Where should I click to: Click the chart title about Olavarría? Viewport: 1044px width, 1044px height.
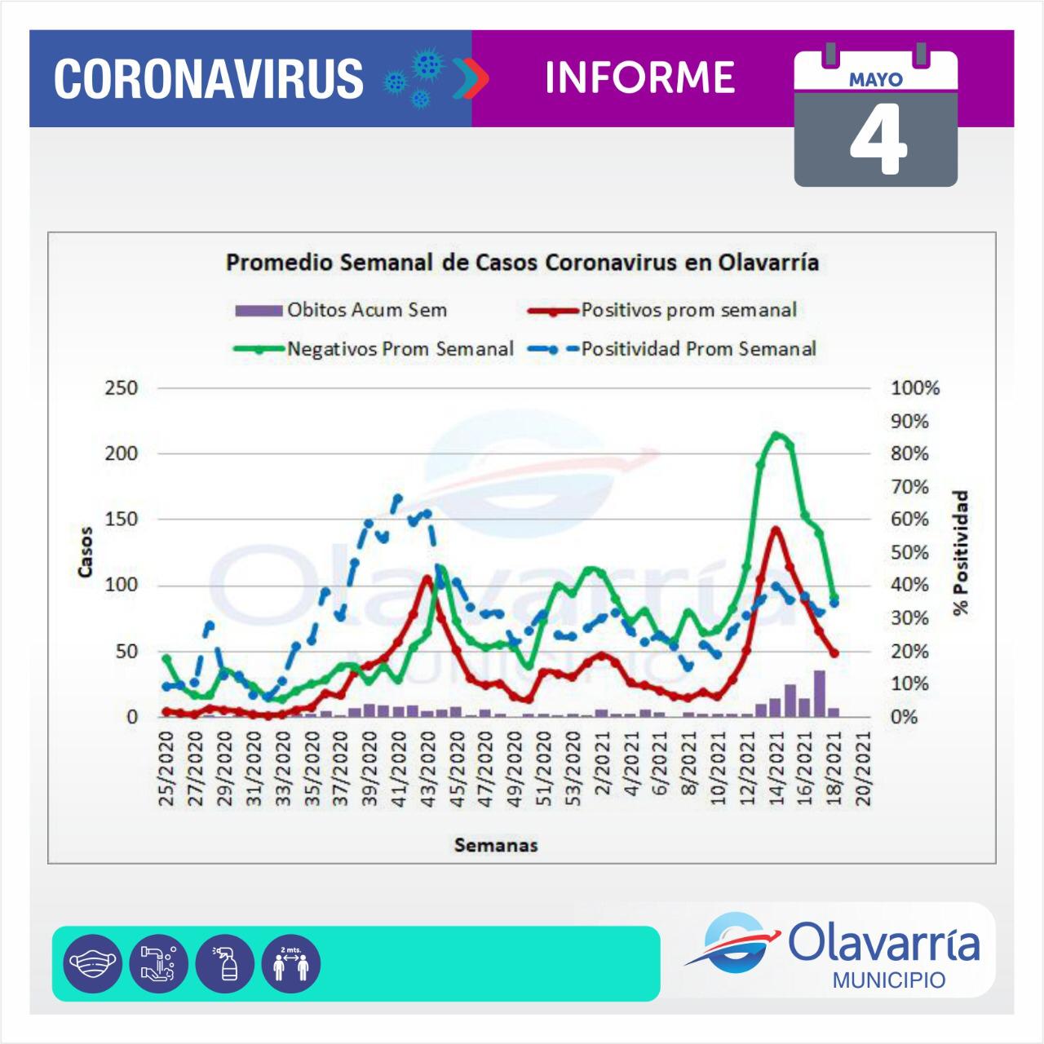click(x=522, y=263)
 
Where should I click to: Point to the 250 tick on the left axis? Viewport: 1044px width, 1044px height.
click(x=121, y=388)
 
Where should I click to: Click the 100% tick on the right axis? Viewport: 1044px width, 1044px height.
click(x=915, y=388)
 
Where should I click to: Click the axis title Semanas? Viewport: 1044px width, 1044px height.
click(x=496, y=845)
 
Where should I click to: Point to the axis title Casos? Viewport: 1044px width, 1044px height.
click(x=85, y=552)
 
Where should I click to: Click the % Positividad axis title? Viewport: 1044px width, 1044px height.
click(x=962, y=552)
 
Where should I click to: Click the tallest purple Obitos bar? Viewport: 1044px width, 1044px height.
click(x=819, y=693)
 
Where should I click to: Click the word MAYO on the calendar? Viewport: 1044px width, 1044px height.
click(x=876, y=80)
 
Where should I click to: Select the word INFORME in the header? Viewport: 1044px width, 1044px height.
click(x=640, y=77)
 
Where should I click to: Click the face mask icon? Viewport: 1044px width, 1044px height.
click(x=92, y=963)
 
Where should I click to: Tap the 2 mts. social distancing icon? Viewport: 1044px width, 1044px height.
click(x=291, y=963)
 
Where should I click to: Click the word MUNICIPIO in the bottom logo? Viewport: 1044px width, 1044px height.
click(x=889, y=980)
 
